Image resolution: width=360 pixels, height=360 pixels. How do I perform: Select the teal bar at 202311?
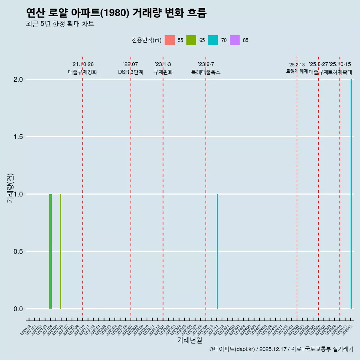217,251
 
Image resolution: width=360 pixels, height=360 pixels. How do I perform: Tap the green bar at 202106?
60,251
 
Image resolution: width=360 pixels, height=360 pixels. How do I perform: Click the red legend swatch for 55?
170,40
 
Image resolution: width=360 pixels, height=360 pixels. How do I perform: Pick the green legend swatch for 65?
191,40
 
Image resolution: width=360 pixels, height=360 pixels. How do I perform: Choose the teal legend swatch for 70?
213,40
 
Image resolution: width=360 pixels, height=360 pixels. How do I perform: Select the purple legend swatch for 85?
235,40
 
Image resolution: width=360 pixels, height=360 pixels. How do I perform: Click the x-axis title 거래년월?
189,340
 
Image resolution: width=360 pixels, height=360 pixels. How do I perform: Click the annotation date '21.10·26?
82,64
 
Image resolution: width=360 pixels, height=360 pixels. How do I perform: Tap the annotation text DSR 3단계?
131,72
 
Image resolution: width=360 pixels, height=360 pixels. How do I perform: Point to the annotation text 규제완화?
163,72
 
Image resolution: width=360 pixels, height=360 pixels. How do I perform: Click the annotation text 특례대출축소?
206,72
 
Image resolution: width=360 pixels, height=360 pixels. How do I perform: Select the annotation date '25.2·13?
297,65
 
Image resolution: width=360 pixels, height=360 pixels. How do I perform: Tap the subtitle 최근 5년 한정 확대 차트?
60,24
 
